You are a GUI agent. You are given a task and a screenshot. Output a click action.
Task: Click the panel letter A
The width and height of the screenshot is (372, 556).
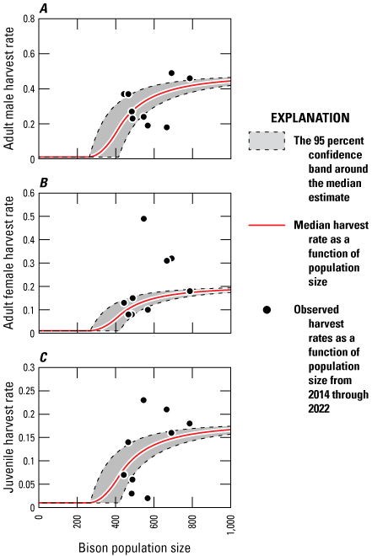pos(42,8)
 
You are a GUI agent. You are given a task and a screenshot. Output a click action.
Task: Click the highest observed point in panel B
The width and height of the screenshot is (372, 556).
pos(143,219)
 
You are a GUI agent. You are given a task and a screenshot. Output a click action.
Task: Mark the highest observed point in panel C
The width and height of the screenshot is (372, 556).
pos(143,400)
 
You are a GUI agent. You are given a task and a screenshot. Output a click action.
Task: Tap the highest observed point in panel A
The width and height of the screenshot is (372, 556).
pos(171,73)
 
